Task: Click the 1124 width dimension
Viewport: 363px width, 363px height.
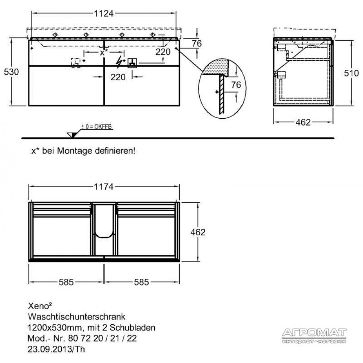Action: pyautogui.click(x=103, y=13)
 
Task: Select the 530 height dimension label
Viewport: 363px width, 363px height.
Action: pyautogui.click(x=11, y=72)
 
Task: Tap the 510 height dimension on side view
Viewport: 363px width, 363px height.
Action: pyautogui.click(x=351, y=73)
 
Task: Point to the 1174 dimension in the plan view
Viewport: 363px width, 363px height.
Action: pyautogui.click(x=103, y=186)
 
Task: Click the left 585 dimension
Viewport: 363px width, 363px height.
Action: pyautogui.click(x=66, y=282)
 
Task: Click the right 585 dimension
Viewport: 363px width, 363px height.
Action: pyautogui.click(x=142, y=282)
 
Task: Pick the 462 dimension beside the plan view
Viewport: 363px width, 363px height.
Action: pyautogui.click(x=198, y=232)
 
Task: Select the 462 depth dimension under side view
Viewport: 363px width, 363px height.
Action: pyautogui.click(x=303, y=122)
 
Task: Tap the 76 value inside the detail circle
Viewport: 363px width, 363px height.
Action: pyautogui.click(x=236, y=85)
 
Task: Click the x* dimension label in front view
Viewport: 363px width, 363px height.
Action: pyautogui.click(x=103, y=52)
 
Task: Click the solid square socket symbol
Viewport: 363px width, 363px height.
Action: pyautogui.click(x=132, y=62)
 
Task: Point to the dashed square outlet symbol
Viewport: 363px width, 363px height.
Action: pyautogui.click(x=76, y=63)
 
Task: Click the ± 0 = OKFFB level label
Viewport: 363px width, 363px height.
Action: pyautogui.click(x=97, y=127)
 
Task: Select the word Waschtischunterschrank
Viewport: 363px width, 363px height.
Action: pyautogui.click(x=76, y=317)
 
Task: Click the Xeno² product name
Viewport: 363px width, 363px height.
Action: pyautogui.click(x=40, y=306)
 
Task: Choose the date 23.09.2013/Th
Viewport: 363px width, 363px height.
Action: pyautogui.click(x=56, y=349)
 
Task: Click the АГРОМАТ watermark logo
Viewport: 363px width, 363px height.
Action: pyautogui.click(x=314, y=335)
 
